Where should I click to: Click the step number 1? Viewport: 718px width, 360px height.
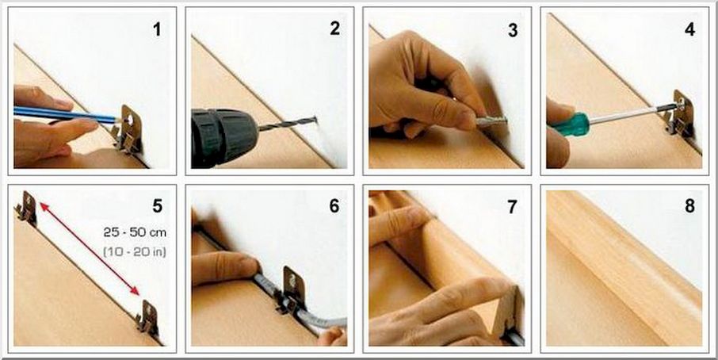tap(157, 30)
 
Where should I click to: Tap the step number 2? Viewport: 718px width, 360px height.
tap(334, 29)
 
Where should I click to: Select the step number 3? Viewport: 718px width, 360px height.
tap(513, 30)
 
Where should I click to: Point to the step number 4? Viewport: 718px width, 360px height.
tap(689, 29)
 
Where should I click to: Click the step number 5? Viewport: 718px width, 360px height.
tap(157, 206)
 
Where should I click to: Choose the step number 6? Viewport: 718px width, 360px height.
tap(334, 206)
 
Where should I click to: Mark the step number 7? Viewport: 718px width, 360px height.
tap(512, 207)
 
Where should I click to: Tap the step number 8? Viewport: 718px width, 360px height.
tap(689, 206)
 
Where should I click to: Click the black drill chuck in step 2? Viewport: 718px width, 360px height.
tap(224, 136)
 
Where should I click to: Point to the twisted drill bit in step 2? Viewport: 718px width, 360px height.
tap(287, 124)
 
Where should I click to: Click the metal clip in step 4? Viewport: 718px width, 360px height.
tap(678, 114)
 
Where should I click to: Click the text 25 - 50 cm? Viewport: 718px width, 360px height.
tap(135, 232)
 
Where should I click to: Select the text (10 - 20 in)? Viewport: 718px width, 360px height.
tap(135, 251)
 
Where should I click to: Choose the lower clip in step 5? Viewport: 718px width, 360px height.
tap(147, 317)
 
